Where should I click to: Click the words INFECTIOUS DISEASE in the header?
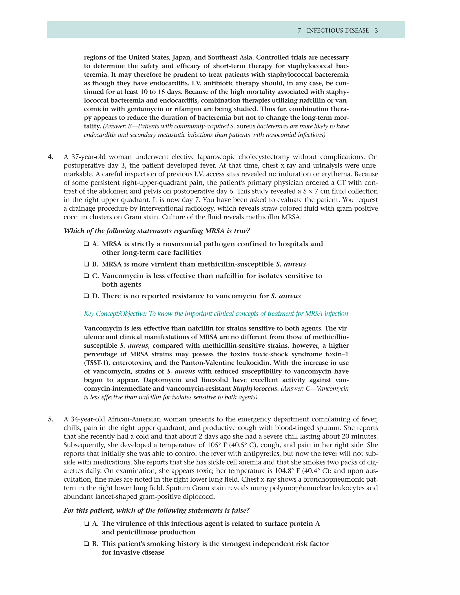click(338, 31)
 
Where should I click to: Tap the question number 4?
click(51, 157)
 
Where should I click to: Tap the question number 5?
click(51, 419)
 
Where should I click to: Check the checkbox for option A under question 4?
click(86, 244)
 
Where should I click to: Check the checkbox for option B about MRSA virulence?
click(86, 264)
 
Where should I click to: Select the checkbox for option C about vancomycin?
click(86, 276)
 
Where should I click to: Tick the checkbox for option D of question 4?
click(86, 296)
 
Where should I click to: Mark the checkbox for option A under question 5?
click(86, 524)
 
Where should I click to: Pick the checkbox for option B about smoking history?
click(86, 544)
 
